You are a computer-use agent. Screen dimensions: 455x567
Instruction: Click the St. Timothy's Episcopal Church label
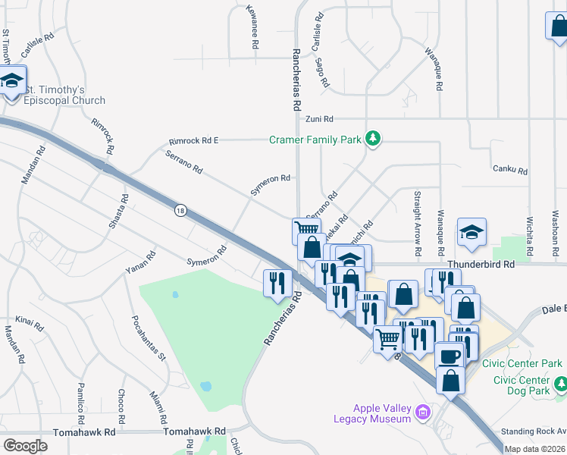[x=64, y=95]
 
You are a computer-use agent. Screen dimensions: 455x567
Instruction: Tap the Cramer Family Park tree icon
[x=372, y=138]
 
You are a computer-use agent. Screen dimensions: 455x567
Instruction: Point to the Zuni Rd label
[x=319, y=119]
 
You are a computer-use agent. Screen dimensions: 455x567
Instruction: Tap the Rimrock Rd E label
[x=193, y=140]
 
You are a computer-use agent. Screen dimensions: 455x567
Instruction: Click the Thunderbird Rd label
[x=481, y=264]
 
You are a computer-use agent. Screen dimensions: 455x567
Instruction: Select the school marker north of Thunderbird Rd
[x=471, y=232]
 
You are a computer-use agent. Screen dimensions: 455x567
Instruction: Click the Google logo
[x=25, y=446]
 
